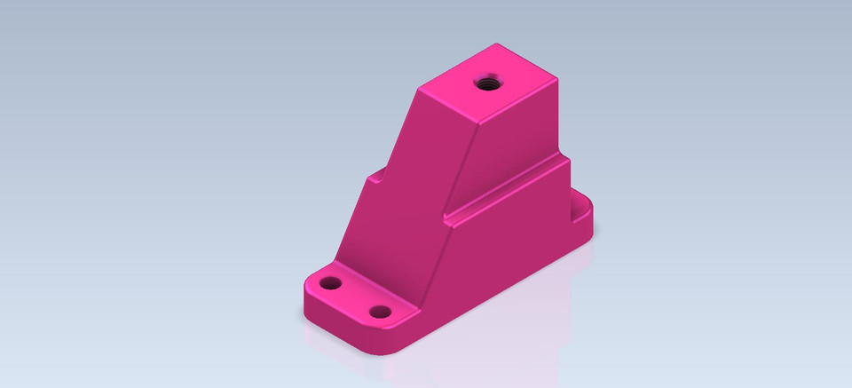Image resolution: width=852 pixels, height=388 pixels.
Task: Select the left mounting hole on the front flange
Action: [331, 284]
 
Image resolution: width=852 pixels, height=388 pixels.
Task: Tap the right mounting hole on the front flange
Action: [381, 312]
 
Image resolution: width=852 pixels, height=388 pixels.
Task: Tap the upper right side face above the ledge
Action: [515, 142]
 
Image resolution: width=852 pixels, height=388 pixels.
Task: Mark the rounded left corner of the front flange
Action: [308, 284]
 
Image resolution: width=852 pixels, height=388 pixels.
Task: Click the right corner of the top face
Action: [560, 78]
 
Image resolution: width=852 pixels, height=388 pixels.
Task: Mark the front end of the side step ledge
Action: [446, 216]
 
